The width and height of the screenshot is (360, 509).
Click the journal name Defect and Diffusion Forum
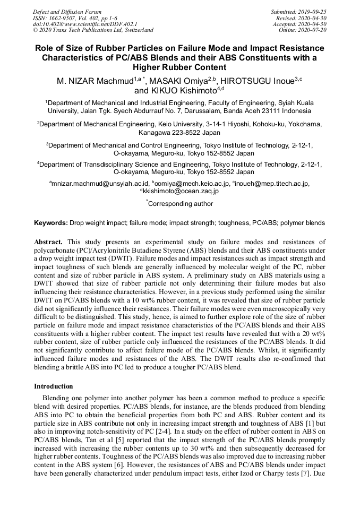point(67,11)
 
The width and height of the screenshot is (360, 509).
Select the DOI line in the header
point(84,24)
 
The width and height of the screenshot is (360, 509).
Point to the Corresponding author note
point(180,204)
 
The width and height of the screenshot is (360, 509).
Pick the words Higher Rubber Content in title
point(179,67)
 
